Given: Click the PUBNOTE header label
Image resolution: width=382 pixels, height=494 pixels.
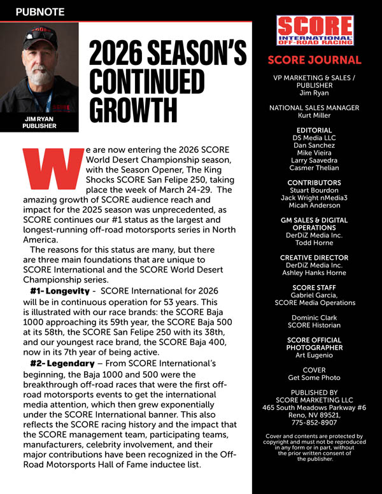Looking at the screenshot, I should [39, 11].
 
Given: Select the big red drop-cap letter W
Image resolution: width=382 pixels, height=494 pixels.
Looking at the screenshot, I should [53, 170].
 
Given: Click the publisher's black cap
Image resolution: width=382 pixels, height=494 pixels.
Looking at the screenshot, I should [39, 39].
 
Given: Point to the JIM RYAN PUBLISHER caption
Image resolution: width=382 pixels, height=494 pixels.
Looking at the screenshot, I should [39, 122].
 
